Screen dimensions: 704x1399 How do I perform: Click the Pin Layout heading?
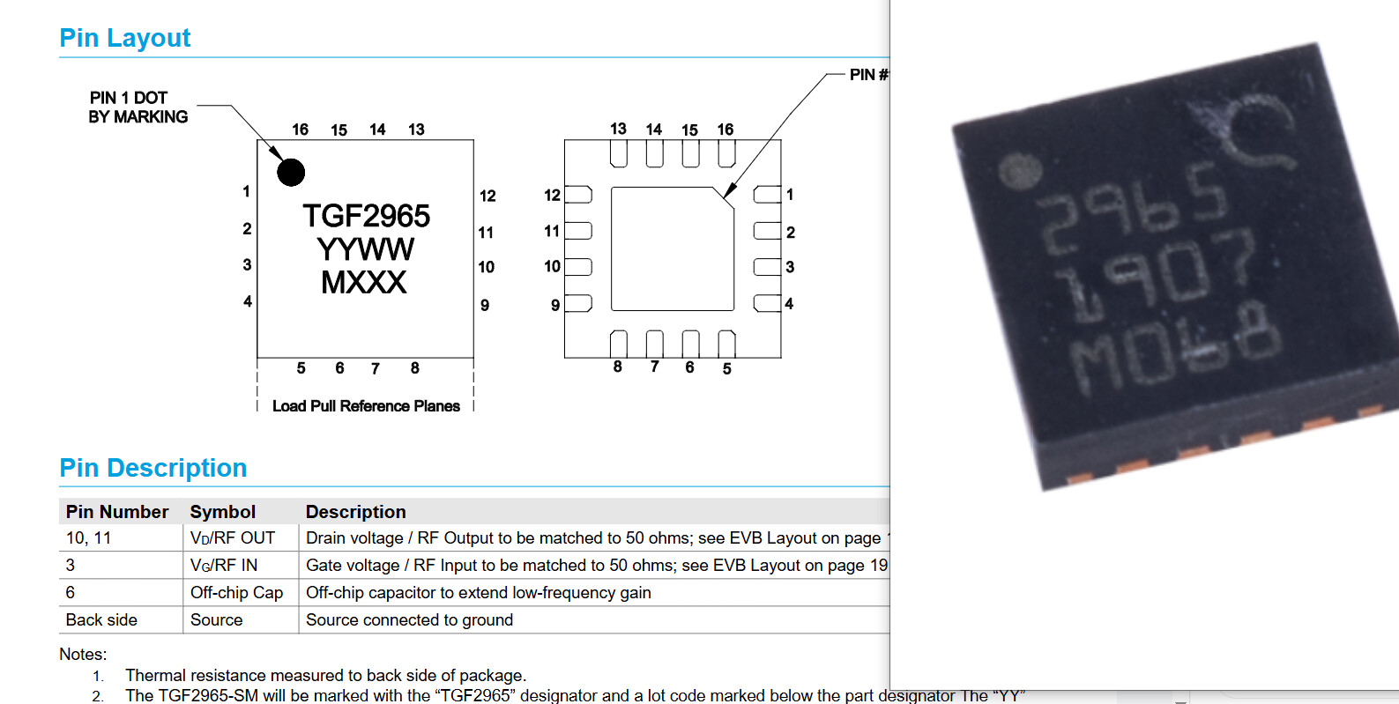[124, 38]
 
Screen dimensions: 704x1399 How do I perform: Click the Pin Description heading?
[153, 468]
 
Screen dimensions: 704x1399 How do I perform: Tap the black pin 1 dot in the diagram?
[291, 172]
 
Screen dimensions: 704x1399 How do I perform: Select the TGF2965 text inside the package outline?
[366, 216]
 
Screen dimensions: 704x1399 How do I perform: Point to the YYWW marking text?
[365, 249]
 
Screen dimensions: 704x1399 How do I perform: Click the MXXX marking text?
[364, 283]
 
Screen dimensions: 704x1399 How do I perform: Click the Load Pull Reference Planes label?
[366, 406]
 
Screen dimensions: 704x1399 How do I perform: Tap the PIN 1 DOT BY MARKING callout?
[138, 107]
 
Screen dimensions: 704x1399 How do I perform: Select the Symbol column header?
[222, 512]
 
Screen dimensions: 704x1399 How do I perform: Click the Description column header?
[355, 512]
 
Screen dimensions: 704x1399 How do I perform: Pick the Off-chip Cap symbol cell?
[236, 593]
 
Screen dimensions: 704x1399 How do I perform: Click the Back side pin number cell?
[101, 620]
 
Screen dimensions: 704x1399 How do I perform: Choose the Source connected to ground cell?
[409, 620]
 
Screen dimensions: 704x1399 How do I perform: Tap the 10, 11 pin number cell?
[88, 538]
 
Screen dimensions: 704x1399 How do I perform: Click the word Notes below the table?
[83, 655]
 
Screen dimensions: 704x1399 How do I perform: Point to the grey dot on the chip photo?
[1020, 170]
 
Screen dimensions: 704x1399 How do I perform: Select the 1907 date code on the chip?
[1157, 276]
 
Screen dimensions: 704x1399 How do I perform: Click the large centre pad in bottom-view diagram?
[672, 248]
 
